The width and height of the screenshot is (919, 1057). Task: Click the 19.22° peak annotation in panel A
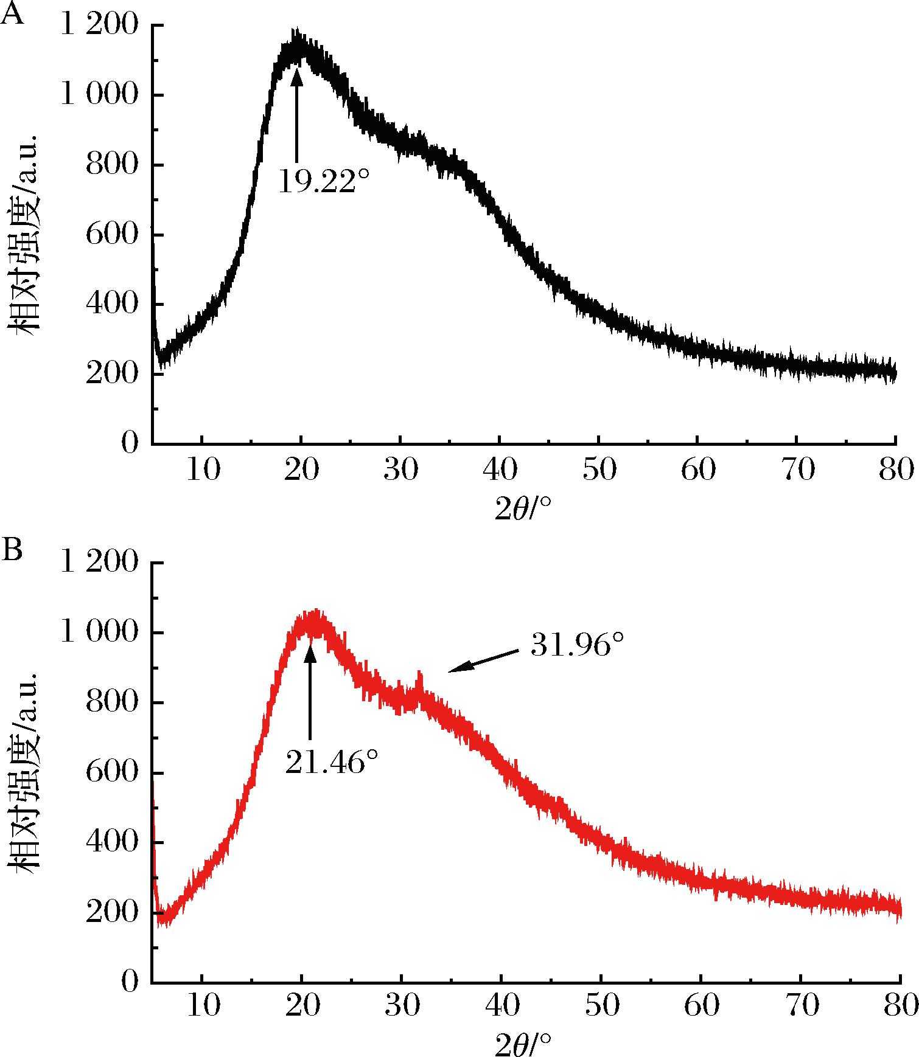[x=324, y=181]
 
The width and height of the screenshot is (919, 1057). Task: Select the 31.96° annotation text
[x=578, y=645]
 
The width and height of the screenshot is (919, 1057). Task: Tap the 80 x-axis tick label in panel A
[x=895, y=470]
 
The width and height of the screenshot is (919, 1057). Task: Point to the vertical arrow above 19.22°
[x=296, y=114]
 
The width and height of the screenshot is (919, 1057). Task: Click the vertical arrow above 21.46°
[x=310, y=691]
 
